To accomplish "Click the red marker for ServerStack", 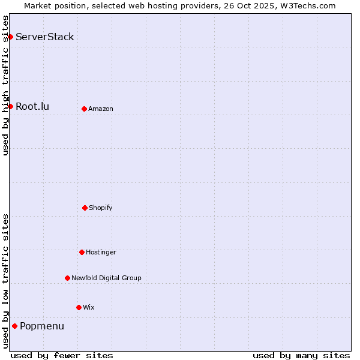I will pos(10,37).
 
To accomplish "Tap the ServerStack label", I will pos(45,37).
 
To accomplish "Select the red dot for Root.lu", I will pos(10,107).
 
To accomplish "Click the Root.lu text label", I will pos(32,107).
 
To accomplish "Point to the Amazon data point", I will pos(84,109).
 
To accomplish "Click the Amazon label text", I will pos(101,109).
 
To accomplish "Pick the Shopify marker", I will pos(85,208).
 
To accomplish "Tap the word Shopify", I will pos(101,208).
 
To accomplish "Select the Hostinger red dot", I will pos(82,252).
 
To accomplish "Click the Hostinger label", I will pos(101,252).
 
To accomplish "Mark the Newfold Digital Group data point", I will pos(67,278).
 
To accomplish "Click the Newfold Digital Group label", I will pos(106,278).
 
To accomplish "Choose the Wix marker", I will pos(79,307).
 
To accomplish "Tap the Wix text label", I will pos(89,307).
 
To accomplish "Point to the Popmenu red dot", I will pos(14,326).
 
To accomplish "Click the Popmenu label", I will pos(42,326).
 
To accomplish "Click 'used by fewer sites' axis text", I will pos(62,355).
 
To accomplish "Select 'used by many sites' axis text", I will pos(301,355).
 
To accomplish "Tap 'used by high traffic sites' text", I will pos(5,85).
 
